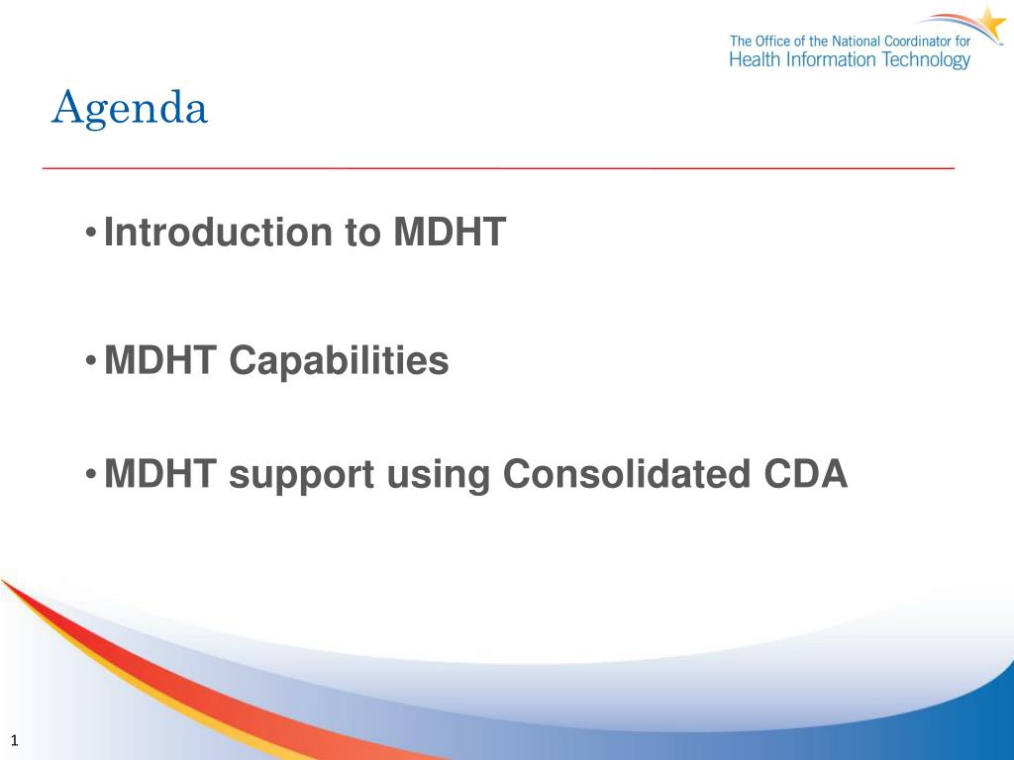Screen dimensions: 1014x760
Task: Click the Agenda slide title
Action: pos(130,109)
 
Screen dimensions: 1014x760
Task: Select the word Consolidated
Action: pos(627,474)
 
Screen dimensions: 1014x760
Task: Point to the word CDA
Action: pos(805,474)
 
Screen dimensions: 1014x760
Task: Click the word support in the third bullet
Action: pos(301,476)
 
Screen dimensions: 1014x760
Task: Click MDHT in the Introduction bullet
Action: pos(450,232)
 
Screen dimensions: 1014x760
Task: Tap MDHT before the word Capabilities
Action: pos(159,360)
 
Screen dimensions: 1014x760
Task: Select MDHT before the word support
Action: pos(159,474)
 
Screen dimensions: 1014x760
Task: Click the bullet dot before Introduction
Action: pos(91,232)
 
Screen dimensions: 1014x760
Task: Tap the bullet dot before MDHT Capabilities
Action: pos(91,360)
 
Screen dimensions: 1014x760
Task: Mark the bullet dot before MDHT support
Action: pos(91,475)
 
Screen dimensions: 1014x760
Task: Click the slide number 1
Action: pos(14,740)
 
